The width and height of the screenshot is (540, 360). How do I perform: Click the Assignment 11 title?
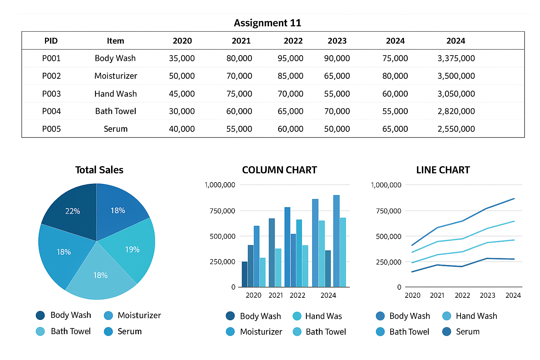pyautogui.click(x=267, y=23)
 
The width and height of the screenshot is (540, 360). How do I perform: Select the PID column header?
pyautogui.click(x=51, y=41)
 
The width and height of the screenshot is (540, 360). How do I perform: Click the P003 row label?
pyautogui.click(x=51, y=94)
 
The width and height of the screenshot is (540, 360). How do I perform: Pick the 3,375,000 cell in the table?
pyautogui.click(x=456, y=58)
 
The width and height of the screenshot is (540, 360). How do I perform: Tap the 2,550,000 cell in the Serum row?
pyautogui.click(x=456, y=129)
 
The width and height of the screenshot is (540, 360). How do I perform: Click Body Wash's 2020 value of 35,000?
pyautogui.click(x=182, y=58)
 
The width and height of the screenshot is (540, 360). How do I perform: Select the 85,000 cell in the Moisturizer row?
pyautogui.click(x=290, y=76)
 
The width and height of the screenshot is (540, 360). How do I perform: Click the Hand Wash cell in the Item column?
pyautogui.click(x=115, y=94)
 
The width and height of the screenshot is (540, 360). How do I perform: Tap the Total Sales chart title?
pyautogui.click(x=99, y=170)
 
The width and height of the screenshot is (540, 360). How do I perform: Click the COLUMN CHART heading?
pyautogui.click(x=279, y=170)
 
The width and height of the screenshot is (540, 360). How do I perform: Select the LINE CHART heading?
pyautogui.click(x=443, y=170)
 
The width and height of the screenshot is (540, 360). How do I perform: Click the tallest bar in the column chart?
pyautogui.click(x=336, y=241)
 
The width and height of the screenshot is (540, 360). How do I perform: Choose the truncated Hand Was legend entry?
pyautogui.click(x=317, y=316)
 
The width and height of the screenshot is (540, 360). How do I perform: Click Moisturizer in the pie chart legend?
pyautogui.click(x=132, y=315)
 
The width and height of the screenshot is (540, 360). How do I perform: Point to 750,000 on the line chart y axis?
pyautogui.click(x=388, y=211)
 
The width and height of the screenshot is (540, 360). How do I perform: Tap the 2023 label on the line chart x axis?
pyautogui.click(x=488, y=295)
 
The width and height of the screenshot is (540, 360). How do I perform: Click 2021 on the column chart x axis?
pyautogui.click(x=276, y=295)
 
